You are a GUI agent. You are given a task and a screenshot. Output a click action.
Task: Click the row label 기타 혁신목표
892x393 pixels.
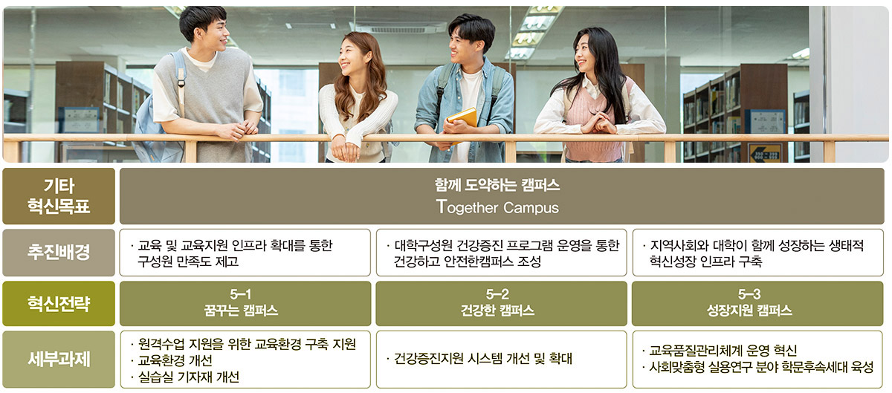pyautogui.click(x=59, y=196)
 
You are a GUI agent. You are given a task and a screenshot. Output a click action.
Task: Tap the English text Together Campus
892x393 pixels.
pyautogui.click(x=497, y=207)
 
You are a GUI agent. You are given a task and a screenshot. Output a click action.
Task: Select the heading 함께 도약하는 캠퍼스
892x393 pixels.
pyautogui.click(x=497, y=185)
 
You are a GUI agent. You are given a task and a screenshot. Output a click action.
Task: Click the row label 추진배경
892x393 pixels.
pyautogui.click(x=59, y=253)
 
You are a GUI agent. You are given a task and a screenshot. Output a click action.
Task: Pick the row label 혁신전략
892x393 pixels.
pyautogui.click(x=59, y=303)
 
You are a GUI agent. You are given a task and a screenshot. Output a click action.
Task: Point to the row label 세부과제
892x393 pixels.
pyautogui.click(x=59, y=359)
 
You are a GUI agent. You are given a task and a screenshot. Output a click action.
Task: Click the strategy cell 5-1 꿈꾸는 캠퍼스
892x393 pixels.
pyautogui.click(x=245, y=303)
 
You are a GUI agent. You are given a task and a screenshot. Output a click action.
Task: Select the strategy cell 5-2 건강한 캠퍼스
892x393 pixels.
pyautogui.click(x=501, y=303)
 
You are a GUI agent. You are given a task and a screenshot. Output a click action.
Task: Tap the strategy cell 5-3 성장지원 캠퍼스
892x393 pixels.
pyautogui.click(x=757, y=303)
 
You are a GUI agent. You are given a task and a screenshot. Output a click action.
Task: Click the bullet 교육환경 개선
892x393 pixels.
pyautogui.click(x=172, y=360)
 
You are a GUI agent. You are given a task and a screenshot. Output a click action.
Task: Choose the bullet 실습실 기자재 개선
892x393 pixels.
pyautogui.click(x=185, y=377)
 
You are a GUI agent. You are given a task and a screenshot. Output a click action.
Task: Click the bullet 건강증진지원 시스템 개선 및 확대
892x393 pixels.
pyautogui.click(x=479, y=359)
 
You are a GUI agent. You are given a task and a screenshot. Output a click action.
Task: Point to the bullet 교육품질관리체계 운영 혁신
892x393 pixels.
pyautogui.click(x=720, y=351)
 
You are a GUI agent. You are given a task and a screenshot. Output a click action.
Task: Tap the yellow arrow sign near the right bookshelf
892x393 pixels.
pyautogui.click(x=764, y=152)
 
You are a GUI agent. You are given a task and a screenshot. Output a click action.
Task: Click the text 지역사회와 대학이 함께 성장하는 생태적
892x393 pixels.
pyautogui.click(x=757, y=245)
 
